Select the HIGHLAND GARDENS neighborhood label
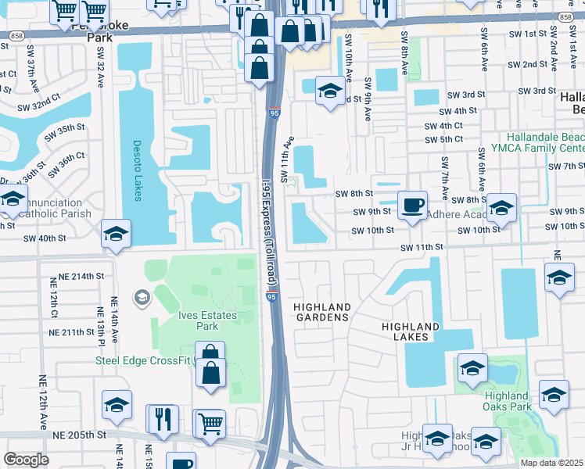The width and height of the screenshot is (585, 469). (321, 312)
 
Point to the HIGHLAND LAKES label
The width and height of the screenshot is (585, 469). (410, 331)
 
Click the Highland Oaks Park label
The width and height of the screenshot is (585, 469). (506, 400)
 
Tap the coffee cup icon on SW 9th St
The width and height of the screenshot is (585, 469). (413, 206)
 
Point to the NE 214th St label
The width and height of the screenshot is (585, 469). (84, 276)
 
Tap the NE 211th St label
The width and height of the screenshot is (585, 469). (84, 333)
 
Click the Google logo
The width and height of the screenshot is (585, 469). (27, 460)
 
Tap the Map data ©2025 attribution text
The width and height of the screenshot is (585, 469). (551, 463)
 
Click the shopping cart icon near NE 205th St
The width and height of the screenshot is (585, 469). (209, 423)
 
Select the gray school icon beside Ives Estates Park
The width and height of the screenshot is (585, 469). (141, 296)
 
